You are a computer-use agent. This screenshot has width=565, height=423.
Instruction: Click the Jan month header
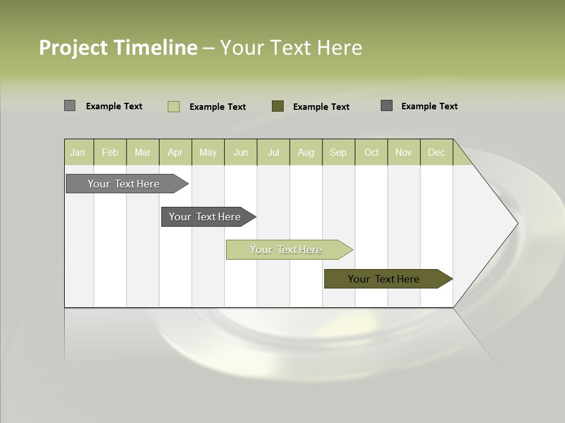pos(78,152)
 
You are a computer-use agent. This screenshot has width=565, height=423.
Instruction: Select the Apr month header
pos(175,152)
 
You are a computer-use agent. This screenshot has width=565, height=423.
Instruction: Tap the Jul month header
pos(273,152)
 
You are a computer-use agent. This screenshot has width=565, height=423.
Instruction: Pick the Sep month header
pos(338,152)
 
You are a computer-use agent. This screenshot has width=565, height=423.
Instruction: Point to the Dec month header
pos(436,152)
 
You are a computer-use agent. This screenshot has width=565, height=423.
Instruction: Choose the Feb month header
pos(110,152)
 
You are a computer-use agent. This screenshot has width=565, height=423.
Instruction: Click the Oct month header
pos(371,152)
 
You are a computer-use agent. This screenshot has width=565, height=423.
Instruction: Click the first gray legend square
pos(69,106)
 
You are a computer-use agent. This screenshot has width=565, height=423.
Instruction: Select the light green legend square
pos(173,106)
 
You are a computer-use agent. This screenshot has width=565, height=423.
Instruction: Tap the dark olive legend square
pos(278,106)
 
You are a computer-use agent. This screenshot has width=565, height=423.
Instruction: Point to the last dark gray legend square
pos(387,106)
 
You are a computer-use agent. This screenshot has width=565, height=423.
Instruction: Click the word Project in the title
pos(73,48)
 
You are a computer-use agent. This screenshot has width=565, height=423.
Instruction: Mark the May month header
pos(208,152)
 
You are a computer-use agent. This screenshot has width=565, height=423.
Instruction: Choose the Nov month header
pos(404,152)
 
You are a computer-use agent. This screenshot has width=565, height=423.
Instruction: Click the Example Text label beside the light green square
pos(218,107)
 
